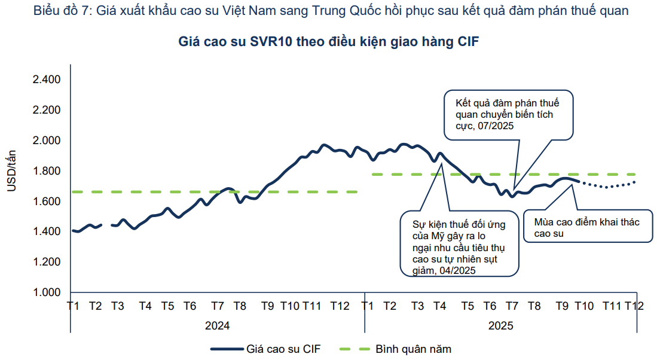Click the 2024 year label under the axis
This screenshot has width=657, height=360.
pyautogui.click(x=217, y=326)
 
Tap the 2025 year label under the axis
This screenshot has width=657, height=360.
pyautogui.click(x=501, y=326)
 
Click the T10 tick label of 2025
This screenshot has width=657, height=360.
pyautogui.click(x=583, y=306)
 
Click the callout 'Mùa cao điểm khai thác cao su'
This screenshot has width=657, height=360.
pyautogui.click(x=587, y=228)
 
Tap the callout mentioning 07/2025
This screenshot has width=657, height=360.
pyautogui.click(x=508, y=114)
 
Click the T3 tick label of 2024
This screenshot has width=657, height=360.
pyautogui.click(x=117, y=306)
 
